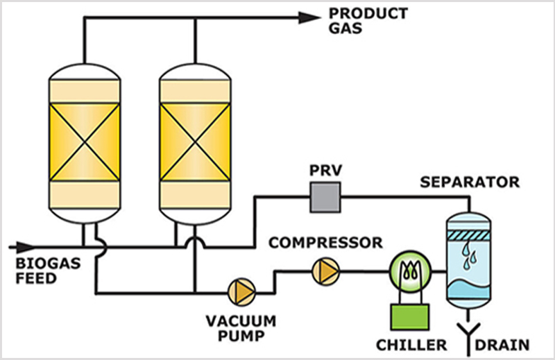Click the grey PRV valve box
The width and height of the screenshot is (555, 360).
(322, 198)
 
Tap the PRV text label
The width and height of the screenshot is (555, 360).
(322, 172)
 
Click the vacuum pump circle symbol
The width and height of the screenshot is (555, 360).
(241, 288)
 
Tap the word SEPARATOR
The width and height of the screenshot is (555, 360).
(471, 183)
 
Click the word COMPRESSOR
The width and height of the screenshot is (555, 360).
(325, 243)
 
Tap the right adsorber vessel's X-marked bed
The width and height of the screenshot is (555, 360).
(196, 142)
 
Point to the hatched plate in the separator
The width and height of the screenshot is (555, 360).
(471, 235)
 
